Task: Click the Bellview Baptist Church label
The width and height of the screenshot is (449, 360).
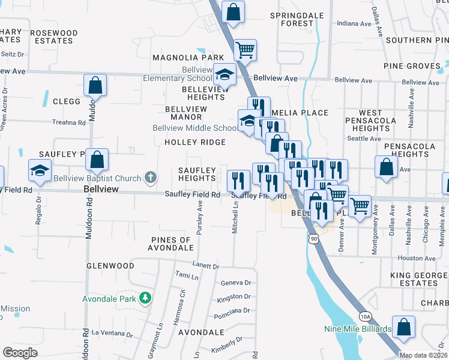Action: [x=97, y=178]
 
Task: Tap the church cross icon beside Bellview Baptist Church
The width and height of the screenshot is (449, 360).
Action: [x=150, y=178]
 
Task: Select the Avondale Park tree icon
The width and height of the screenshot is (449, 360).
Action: [x=145, y=298]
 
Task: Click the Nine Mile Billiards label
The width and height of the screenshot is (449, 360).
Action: [x=357, y=329]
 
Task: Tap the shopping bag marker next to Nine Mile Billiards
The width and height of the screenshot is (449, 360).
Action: [x=404, y=326]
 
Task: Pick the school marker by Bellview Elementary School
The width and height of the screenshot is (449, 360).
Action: [x=224, y=75]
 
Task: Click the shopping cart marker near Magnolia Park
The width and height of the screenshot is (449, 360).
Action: [x=245, y=50]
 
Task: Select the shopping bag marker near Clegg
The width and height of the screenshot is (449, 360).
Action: [x=95, y=85]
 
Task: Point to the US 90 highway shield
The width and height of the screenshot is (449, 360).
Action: [x=313, y=239]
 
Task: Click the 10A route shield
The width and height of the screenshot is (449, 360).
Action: [x=365, y=316]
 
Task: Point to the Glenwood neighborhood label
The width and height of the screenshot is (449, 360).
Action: [x=110, y=266]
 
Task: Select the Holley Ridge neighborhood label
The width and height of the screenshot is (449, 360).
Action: [x=196, y=142]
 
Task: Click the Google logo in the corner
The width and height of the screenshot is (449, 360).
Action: [x=20, y=352]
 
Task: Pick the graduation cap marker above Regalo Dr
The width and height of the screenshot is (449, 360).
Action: [x=40, y=170]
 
